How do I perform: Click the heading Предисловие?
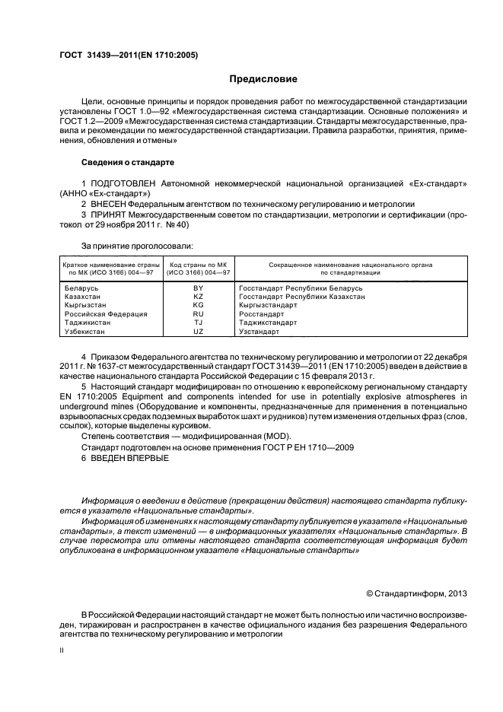coord(263,79)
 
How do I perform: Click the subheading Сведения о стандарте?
coord(128,163)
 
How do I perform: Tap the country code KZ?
coord(199,297)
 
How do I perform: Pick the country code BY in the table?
coord(199,289)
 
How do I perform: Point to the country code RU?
coord(199,314)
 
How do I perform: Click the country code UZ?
coord(199,332)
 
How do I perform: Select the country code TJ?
coord(199,323)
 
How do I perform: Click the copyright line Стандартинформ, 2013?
coord(416,593)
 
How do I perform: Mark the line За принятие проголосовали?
coord(137,246)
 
